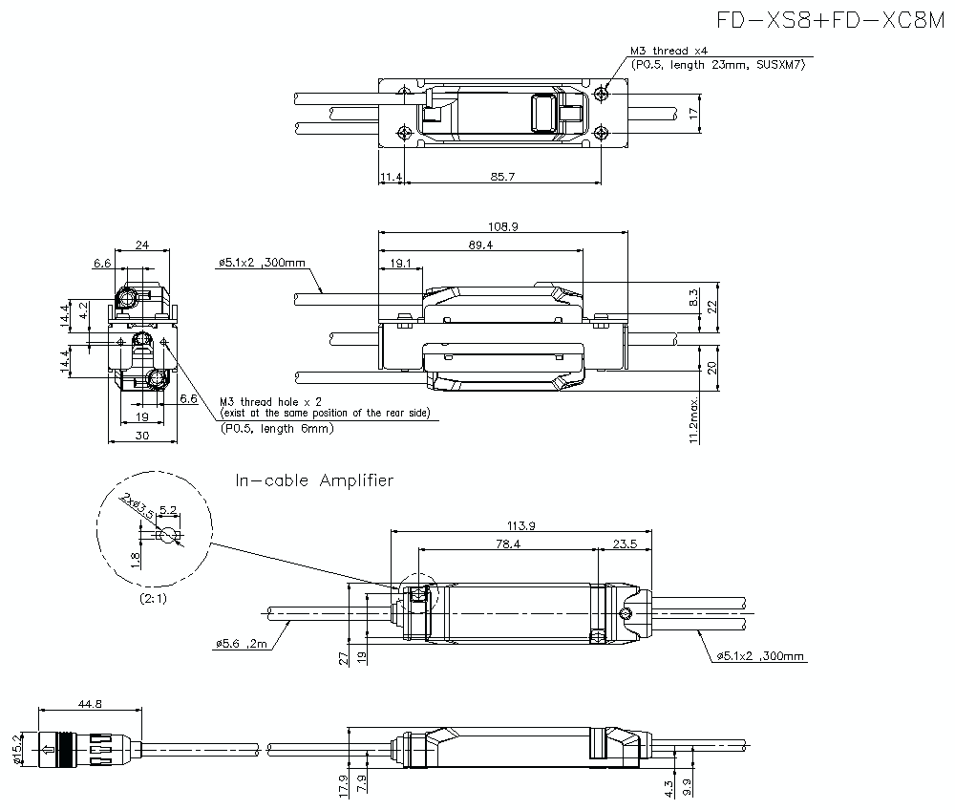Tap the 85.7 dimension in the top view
(x=501, y=177)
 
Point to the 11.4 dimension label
(x=391, y=177)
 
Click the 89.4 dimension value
(x=480, y=245)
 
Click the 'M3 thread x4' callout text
(x=668, y=51)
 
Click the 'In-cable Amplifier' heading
(x=314, y=480)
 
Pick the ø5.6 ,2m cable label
(x=244, y=644)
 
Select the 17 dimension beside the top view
(x=694, y=113)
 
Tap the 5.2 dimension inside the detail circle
(x=167, y=510)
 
